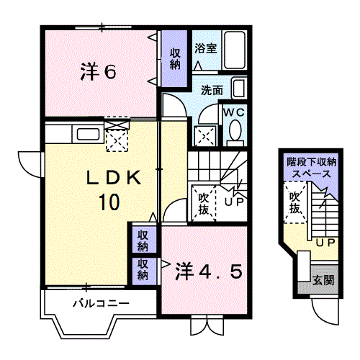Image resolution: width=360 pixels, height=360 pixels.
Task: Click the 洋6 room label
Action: tap(99, 71)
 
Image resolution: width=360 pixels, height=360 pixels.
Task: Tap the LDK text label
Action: tap(114, 178)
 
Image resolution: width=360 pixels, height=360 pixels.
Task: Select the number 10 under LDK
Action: tap(109, 202)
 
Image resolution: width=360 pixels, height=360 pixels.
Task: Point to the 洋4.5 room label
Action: tap(209, 271)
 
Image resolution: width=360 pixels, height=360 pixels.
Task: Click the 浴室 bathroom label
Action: tap(206, 48)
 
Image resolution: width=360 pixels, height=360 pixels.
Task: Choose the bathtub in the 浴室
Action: tap(235, 50)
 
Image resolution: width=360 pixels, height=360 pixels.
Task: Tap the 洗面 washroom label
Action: tap(212, 90)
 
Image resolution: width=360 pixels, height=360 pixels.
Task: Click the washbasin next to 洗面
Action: tap(239, 88)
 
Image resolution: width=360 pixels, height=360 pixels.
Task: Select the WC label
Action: tap(234, 112)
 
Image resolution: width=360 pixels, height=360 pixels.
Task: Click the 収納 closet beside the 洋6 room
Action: tap(175, 59)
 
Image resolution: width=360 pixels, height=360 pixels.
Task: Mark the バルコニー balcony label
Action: tap(101, 304)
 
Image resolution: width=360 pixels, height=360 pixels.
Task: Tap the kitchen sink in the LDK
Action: tap(88, 135)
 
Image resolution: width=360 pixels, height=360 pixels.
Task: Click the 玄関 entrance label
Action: tap(323, 280)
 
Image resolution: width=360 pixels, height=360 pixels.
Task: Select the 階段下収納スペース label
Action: tap(311, 168)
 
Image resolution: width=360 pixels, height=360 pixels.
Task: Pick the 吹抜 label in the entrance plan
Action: tap(294, 203)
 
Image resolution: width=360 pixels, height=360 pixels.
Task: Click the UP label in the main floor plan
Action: tap(234, 202)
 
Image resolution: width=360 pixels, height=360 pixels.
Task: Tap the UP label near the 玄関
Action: tap(325, 243)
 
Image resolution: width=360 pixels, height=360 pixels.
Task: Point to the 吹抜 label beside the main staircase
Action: tap(204, 204)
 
